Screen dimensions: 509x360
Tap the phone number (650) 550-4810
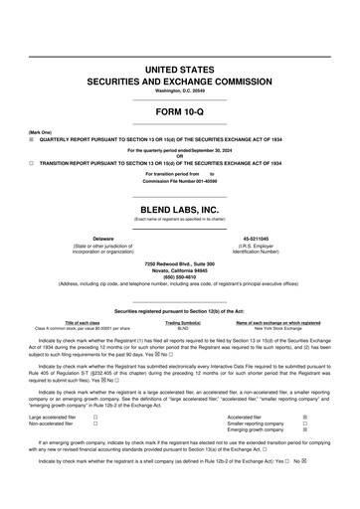180,275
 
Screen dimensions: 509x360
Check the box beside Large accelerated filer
94,418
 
